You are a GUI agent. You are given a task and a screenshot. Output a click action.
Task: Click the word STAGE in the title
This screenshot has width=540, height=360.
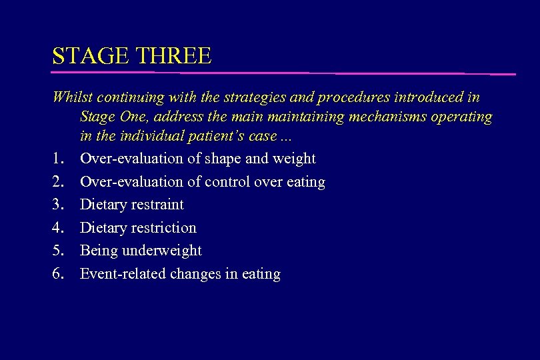85,55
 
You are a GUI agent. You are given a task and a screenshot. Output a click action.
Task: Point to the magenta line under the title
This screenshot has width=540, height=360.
283,72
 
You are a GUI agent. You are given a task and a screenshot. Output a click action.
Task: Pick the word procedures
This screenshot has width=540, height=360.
350,97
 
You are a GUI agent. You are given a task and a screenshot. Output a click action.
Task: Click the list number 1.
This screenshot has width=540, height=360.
58,159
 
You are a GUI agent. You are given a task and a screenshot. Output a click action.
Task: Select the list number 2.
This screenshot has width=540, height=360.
58,182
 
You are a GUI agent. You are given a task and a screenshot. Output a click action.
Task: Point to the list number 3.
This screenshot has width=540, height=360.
58,205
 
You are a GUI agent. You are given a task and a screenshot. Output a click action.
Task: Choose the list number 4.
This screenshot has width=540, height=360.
58,228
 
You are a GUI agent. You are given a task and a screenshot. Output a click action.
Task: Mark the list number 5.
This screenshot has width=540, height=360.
58,251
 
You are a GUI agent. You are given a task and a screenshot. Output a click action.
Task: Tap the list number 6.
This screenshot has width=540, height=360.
58,274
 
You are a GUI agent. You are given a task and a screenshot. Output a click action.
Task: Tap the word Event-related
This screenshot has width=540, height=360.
123,274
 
